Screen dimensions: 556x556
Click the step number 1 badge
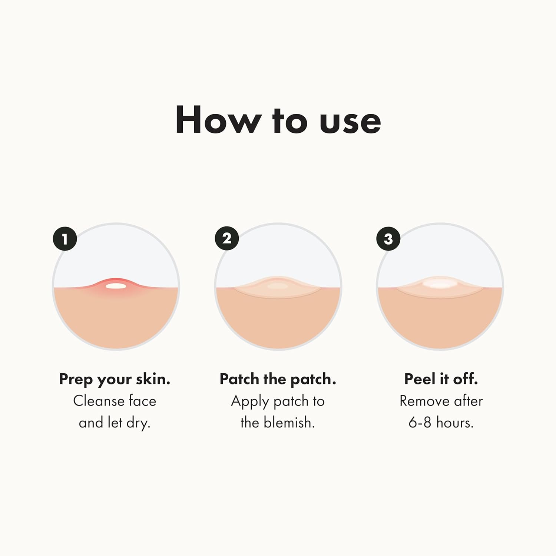pos(65,239)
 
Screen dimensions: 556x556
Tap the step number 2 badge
pos(227,238)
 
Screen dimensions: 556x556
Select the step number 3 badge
pos(388,239)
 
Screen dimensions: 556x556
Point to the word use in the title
pos(350,122)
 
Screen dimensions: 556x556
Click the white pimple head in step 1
pos(116,286)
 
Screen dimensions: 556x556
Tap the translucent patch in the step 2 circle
pos(278,288)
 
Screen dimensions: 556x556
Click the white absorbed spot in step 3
pos(440,284)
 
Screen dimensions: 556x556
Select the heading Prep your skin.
pos(115,379)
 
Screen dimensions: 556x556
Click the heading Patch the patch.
pos(278,379)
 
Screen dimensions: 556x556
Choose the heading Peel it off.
pos(441,379)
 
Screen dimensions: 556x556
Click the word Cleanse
pos(99,401)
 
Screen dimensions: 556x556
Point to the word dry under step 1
pos(138,423)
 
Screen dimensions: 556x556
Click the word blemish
pos(289,423)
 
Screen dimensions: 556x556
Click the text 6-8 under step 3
pos(420,423)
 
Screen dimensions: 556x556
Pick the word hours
pos(455,423)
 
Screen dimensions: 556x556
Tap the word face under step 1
pos(142,401)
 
